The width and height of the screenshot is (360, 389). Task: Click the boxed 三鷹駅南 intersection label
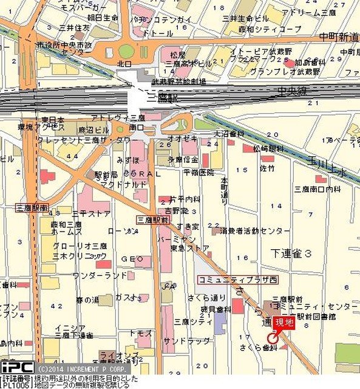pos(31,207)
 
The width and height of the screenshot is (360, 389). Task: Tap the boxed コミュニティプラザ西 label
pos(228,280)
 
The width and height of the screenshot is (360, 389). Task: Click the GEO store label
pos(132,259)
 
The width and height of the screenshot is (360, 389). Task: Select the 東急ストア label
pos(191,248)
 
